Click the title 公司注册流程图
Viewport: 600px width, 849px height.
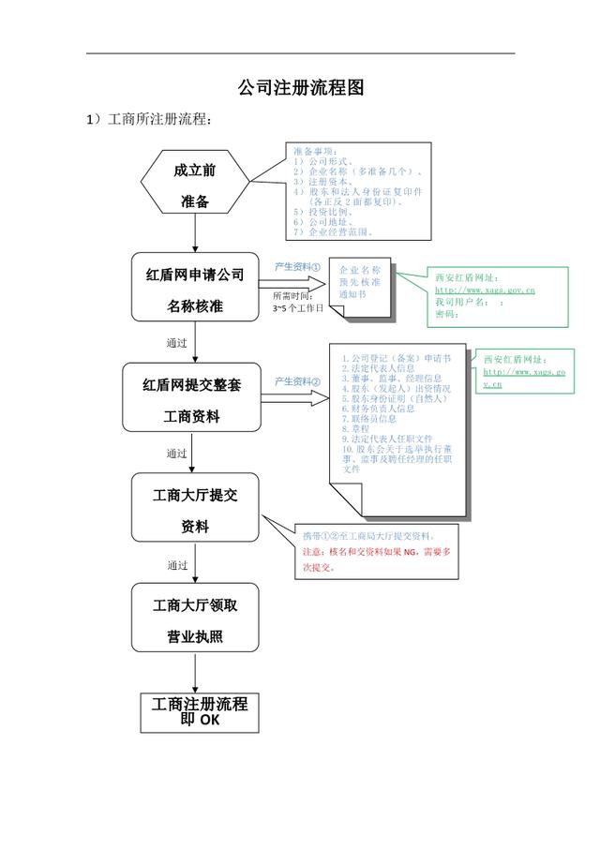300,88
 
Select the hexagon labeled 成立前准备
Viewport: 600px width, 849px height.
195,186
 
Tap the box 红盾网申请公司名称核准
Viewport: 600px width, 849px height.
195,290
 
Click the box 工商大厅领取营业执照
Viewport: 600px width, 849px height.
195,620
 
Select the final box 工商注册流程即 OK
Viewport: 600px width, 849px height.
199,712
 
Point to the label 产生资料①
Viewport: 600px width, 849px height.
297,267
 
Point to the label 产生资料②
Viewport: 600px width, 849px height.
297,381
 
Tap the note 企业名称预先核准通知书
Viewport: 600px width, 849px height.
359,281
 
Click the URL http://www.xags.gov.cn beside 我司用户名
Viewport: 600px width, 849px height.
485,290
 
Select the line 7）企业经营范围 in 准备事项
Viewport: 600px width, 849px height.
333,231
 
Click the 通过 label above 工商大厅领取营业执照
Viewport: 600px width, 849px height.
177,565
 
